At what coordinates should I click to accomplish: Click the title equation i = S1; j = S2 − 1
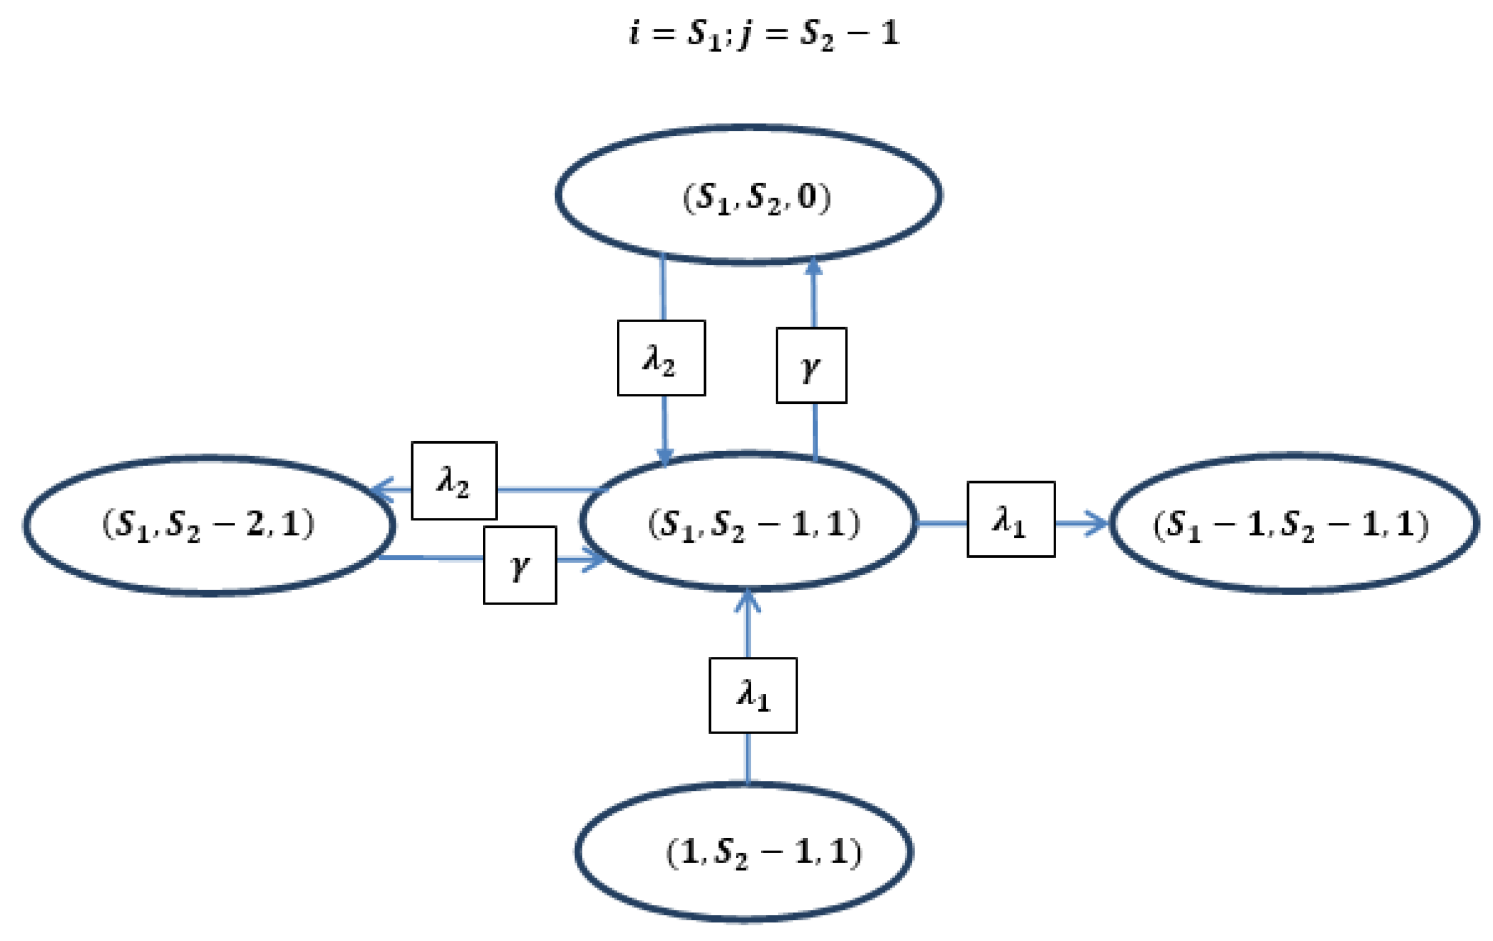763,34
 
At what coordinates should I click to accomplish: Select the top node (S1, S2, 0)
748,196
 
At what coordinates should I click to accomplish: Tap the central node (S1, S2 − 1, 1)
748,522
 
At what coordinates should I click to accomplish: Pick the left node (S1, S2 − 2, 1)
209,525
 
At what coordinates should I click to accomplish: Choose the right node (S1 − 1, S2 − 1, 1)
1293,523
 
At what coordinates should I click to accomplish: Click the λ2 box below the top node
661,358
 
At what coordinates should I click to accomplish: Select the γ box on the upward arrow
811,366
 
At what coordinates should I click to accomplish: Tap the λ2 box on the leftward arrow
454,481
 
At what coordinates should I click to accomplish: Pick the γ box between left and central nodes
520,565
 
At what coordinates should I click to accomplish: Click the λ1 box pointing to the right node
1011,519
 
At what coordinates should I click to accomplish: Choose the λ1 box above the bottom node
753,695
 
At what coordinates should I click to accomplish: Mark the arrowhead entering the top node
813,267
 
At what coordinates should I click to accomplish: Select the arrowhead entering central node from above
665,456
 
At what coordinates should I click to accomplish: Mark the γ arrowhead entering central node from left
594,559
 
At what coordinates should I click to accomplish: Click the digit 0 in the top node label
808,197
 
